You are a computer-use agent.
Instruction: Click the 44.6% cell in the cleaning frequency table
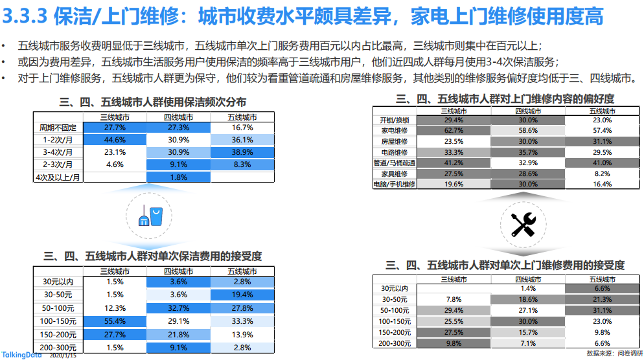click(115, 140)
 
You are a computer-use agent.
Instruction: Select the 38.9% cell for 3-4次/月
click(242, 152)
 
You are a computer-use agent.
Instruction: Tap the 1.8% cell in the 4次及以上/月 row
click(178, 177)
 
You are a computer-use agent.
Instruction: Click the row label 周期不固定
click(58, 128)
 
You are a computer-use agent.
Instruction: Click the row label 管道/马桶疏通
click(395, 163)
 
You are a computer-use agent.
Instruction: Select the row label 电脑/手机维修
click(395, 185)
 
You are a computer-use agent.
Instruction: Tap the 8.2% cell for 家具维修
click(602, 174)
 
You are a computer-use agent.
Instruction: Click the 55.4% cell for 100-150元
click(115, 321)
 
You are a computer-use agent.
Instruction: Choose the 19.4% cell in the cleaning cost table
click(242, 295)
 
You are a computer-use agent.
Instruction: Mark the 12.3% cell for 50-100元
click(115, 308)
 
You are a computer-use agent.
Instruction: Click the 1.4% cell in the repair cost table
click(528, 289)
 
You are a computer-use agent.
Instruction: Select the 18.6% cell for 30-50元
click(528, 300)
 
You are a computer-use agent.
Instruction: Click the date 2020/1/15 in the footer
click(63, 355)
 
